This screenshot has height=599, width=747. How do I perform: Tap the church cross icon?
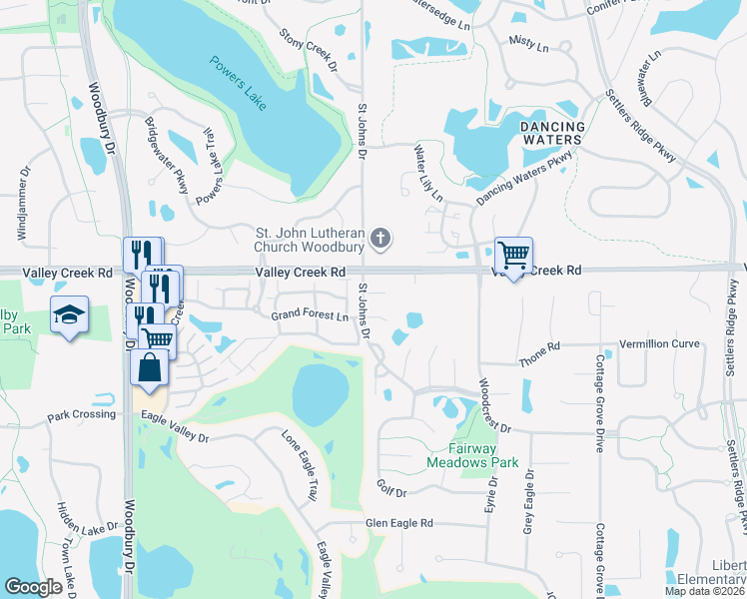[x=379, y=239]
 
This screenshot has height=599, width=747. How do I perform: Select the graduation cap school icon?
[x=70, y=314]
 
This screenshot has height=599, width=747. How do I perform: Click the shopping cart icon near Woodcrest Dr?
[x=513, y=255]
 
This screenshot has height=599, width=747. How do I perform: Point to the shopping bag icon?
[x=149, y=367]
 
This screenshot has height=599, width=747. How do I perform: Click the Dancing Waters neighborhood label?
[x=552, y=133]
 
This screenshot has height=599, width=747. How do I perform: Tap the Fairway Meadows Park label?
[x=472, y=456]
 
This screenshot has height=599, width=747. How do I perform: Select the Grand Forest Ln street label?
[x=310, y=316]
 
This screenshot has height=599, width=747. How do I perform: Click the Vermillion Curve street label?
[x=659, y=343]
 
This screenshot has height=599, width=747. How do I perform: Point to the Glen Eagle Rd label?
[x=398, y=523]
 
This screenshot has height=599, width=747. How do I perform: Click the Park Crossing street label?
[x=81, y=414]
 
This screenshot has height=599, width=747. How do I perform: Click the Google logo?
[x=34, y=587]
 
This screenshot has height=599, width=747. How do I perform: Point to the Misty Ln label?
[x=529, y=46]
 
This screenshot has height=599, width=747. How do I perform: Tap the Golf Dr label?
[x=392, y=492]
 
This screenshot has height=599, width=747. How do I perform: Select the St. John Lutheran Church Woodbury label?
[x=309, y=239]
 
